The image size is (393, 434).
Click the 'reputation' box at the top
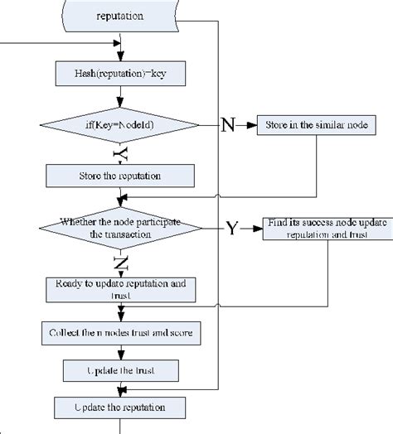[120, 15]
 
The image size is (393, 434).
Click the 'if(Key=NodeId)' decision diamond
[120, 125]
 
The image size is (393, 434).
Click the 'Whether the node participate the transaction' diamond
[120, 228]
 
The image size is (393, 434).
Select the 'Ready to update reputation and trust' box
[120, 288]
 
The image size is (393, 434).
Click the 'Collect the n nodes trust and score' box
[120, 334]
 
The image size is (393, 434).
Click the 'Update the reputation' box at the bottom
[120, 407]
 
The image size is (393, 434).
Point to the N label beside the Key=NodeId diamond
[228, 126]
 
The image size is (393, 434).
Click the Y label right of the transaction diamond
[231, 229]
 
